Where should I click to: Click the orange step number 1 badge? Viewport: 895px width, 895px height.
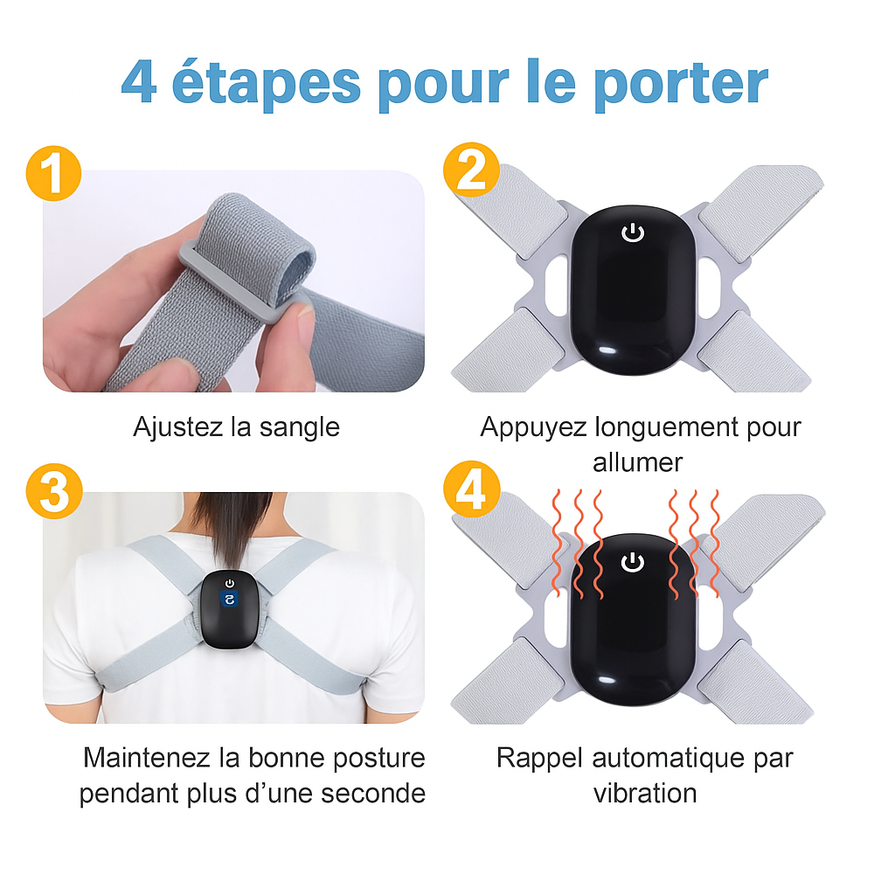53,173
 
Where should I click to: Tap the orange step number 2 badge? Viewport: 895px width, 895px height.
471,170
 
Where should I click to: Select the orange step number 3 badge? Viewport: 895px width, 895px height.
54,491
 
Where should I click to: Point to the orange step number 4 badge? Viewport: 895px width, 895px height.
472,489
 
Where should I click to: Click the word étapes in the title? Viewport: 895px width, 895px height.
266,83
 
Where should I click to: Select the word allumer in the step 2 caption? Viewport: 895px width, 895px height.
637,463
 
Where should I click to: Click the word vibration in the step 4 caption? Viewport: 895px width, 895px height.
645,794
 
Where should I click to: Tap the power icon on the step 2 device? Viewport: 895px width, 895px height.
633,232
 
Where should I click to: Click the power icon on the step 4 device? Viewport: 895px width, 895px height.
633,562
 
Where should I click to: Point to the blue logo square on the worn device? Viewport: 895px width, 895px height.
230,600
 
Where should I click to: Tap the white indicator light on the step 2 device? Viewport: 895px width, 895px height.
607,350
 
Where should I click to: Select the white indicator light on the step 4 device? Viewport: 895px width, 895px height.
607,680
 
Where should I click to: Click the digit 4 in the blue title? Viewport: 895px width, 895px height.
139,81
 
